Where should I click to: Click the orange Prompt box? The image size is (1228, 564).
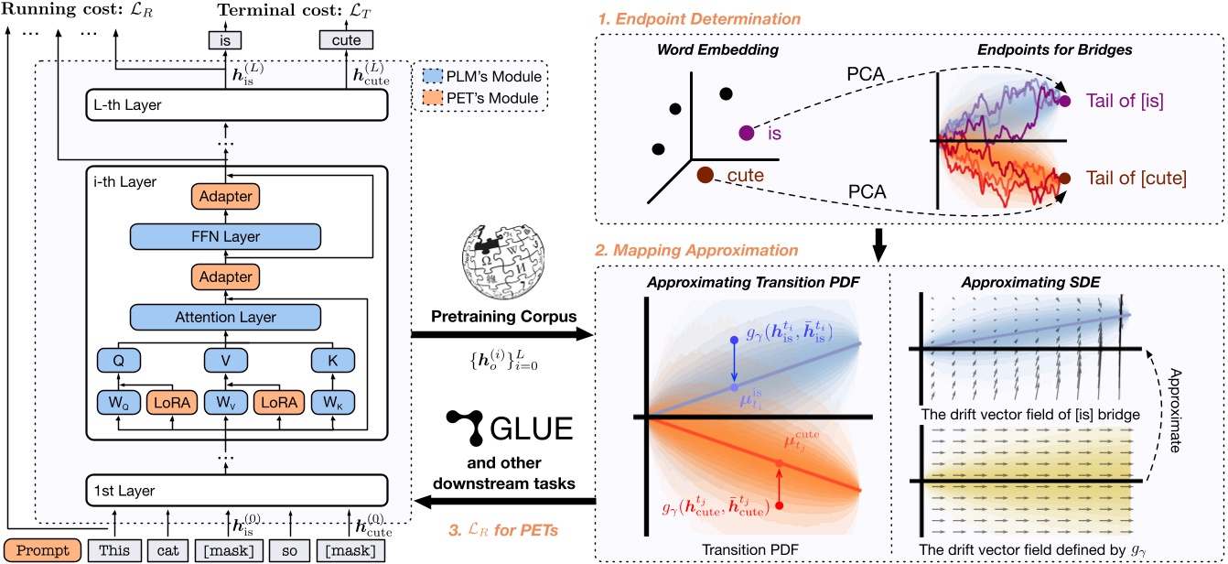tap(42, 552)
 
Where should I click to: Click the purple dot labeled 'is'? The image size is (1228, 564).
tap(747, 134)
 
